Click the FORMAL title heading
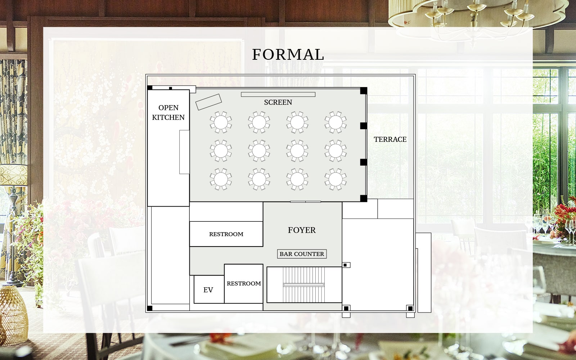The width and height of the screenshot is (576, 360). pos(288,54)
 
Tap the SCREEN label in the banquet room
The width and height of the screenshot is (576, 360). pos(278,102)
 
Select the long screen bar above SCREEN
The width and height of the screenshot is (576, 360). pos(278,94)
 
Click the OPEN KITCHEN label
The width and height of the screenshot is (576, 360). pos(168,112)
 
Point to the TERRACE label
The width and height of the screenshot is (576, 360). pos(390,139)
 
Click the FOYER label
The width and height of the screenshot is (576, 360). pos(302,230)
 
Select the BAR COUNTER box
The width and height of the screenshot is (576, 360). pos(302,254)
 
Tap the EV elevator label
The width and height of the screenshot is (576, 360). pos(208,290)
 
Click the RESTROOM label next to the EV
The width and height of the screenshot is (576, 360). pos(244,283)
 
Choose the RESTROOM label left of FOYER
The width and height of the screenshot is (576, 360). pos(226,234)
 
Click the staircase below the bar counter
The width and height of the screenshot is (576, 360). pos(304,285)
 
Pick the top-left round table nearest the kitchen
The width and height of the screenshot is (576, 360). pos(221,122)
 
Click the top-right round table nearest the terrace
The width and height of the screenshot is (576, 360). pos(335,122)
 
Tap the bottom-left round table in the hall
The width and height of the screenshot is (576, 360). pos(221,179)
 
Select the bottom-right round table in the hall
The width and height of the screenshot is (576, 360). pos(335,179)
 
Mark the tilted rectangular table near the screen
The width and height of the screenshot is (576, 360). pos(208,102)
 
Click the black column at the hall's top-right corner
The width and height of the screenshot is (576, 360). pos(364,90)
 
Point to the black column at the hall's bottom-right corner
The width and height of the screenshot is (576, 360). pos(364,198)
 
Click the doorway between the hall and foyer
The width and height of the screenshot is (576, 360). pos(306,202)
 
